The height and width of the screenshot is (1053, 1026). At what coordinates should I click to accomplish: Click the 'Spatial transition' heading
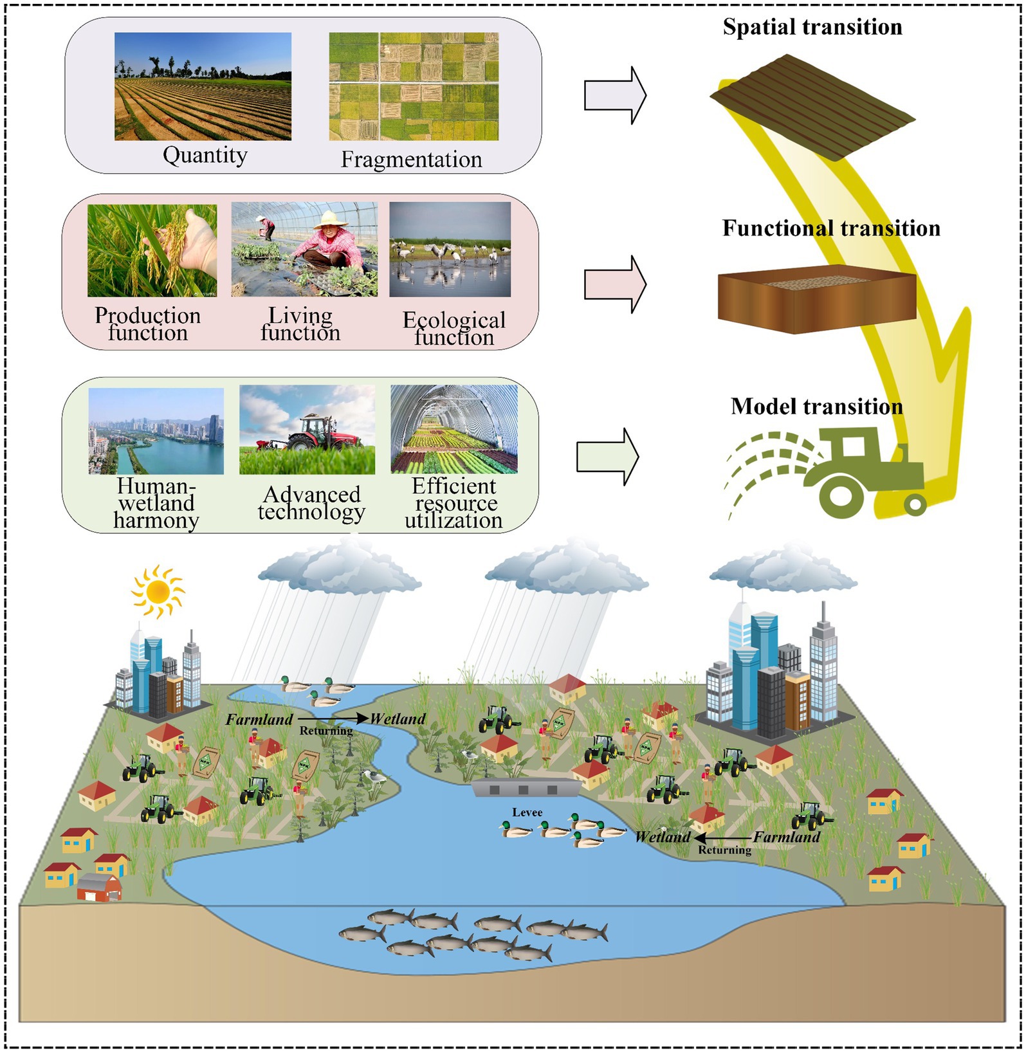click(812, 27)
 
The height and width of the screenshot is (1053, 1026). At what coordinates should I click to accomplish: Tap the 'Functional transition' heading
click(830, 228)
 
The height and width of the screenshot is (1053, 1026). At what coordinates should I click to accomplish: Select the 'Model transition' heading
click(816, 407)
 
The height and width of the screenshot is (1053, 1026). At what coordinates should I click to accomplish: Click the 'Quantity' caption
click(205, 155)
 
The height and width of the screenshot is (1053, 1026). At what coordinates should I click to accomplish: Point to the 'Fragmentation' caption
click(411, 159)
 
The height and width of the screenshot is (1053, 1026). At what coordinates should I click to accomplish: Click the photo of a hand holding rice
click(152, 250)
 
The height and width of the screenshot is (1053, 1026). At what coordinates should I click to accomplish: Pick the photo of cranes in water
click(450, 250)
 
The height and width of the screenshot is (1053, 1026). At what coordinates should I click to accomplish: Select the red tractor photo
click(307, 430)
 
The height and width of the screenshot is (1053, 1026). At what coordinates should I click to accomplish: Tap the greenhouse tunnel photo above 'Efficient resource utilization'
click(453, 430)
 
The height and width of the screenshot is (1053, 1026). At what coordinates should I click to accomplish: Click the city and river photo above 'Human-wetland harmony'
click(156, 430)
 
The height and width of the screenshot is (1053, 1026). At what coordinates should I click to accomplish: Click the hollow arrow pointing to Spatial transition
click(614, 96)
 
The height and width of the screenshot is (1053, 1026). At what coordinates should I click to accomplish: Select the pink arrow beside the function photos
click(614, 284)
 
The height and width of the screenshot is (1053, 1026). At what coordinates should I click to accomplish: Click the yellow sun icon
click(158, 591)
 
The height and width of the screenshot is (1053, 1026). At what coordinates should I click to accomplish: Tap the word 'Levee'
click(527, 812)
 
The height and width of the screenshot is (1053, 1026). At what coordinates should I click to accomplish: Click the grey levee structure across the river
click(524, 788)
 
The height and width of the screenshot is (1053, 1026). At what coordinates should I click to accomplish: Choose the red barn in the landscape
click(99, 888)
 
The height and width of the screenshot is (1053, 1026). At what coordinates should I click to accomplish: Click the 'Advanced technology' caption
click(311, 503)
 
